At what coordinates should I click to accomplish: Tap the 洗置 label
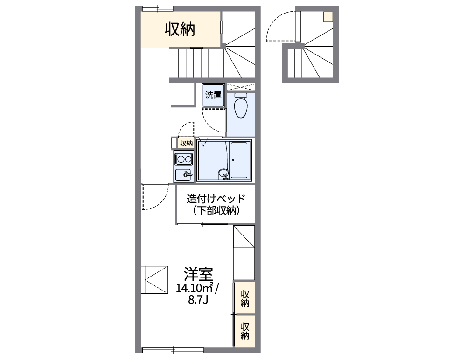click(214, 95)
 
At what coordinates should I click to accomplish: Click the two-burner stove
click(184, 159)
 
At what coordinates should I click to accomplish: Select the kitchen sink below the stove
click(184, 175)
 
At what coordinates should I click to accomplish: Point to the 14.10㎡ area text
click(195, 288)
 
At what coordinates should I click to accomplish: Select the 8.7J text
click(198, 300)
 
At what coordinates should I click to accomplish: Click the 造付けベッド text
click(216, 199)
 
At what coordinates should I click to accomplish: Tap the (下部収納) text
click(216, 211)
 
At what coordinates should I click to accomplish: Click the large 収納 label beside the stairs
click(180, 29)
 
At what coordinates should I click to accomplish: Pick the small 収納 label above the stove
click(186, 144)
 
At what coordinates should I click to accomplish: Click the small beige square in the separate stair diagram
click(328, 17)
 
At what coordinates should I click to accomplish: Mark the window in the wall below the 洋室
click(173, 349)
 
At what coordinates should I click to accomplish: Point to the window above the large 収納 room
click(157, 8)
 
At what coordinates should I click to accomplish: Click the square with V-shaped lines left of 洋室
click(154, 279)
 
